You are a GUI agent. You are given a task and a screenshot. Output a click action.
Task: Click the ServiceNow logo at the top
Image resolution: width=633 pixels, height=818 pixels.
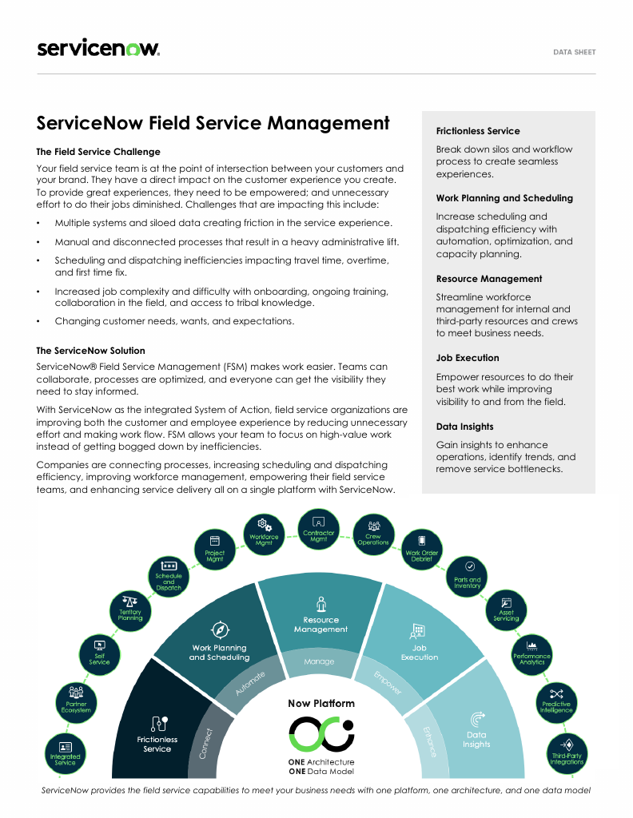pos(98,49)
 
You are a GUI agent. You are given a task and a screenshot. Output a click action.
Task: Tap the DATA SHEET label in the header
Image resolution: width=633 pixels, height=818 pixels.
pos(574,52)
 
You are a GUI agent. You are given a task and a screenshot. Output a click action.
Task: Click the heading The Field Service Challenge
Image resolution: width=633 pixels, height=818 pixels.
pos(98,152)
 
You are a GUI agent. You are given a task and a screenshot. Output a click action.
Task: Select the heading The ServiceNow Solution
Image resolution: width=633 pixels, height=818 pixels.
pos(91,351)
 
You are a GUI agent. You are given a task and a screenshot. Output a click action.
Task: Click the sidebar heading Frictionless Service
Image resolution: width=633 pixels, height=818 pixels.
pos(478,131)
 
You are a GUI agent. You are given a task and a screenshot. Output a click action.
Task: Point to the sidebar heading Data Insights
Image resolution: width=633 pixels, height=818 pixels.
pos(465,427)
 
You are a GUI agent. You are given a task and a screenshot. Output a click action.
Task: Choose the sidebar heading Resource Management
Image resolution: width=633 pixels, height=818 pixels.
pos(489,279)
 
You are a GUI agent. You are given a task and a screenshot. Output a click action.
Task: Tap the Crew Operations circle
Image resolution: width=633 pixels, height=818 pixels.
pos(372,539)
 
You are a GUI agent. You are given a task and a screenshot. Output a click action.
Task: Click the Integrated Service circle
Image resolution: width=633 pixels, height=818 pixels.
pos(66,755)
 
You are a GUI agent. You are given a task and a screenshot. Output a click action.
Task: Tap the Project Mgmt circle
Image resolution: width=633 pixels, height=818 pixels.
pos(214,553)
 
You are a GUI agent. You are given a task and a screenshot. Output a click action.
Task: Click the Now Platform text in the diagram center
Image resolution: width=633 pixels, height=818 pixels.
pos(321,704)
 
